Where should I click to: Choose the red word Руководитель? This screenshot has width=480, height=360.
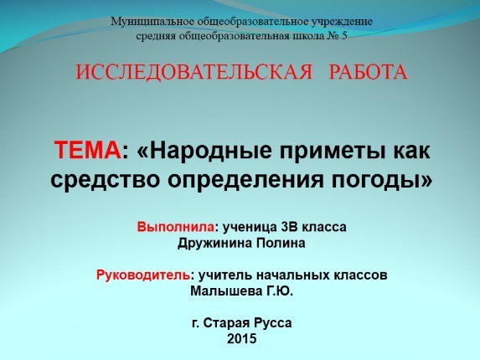tap(143, 275)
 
